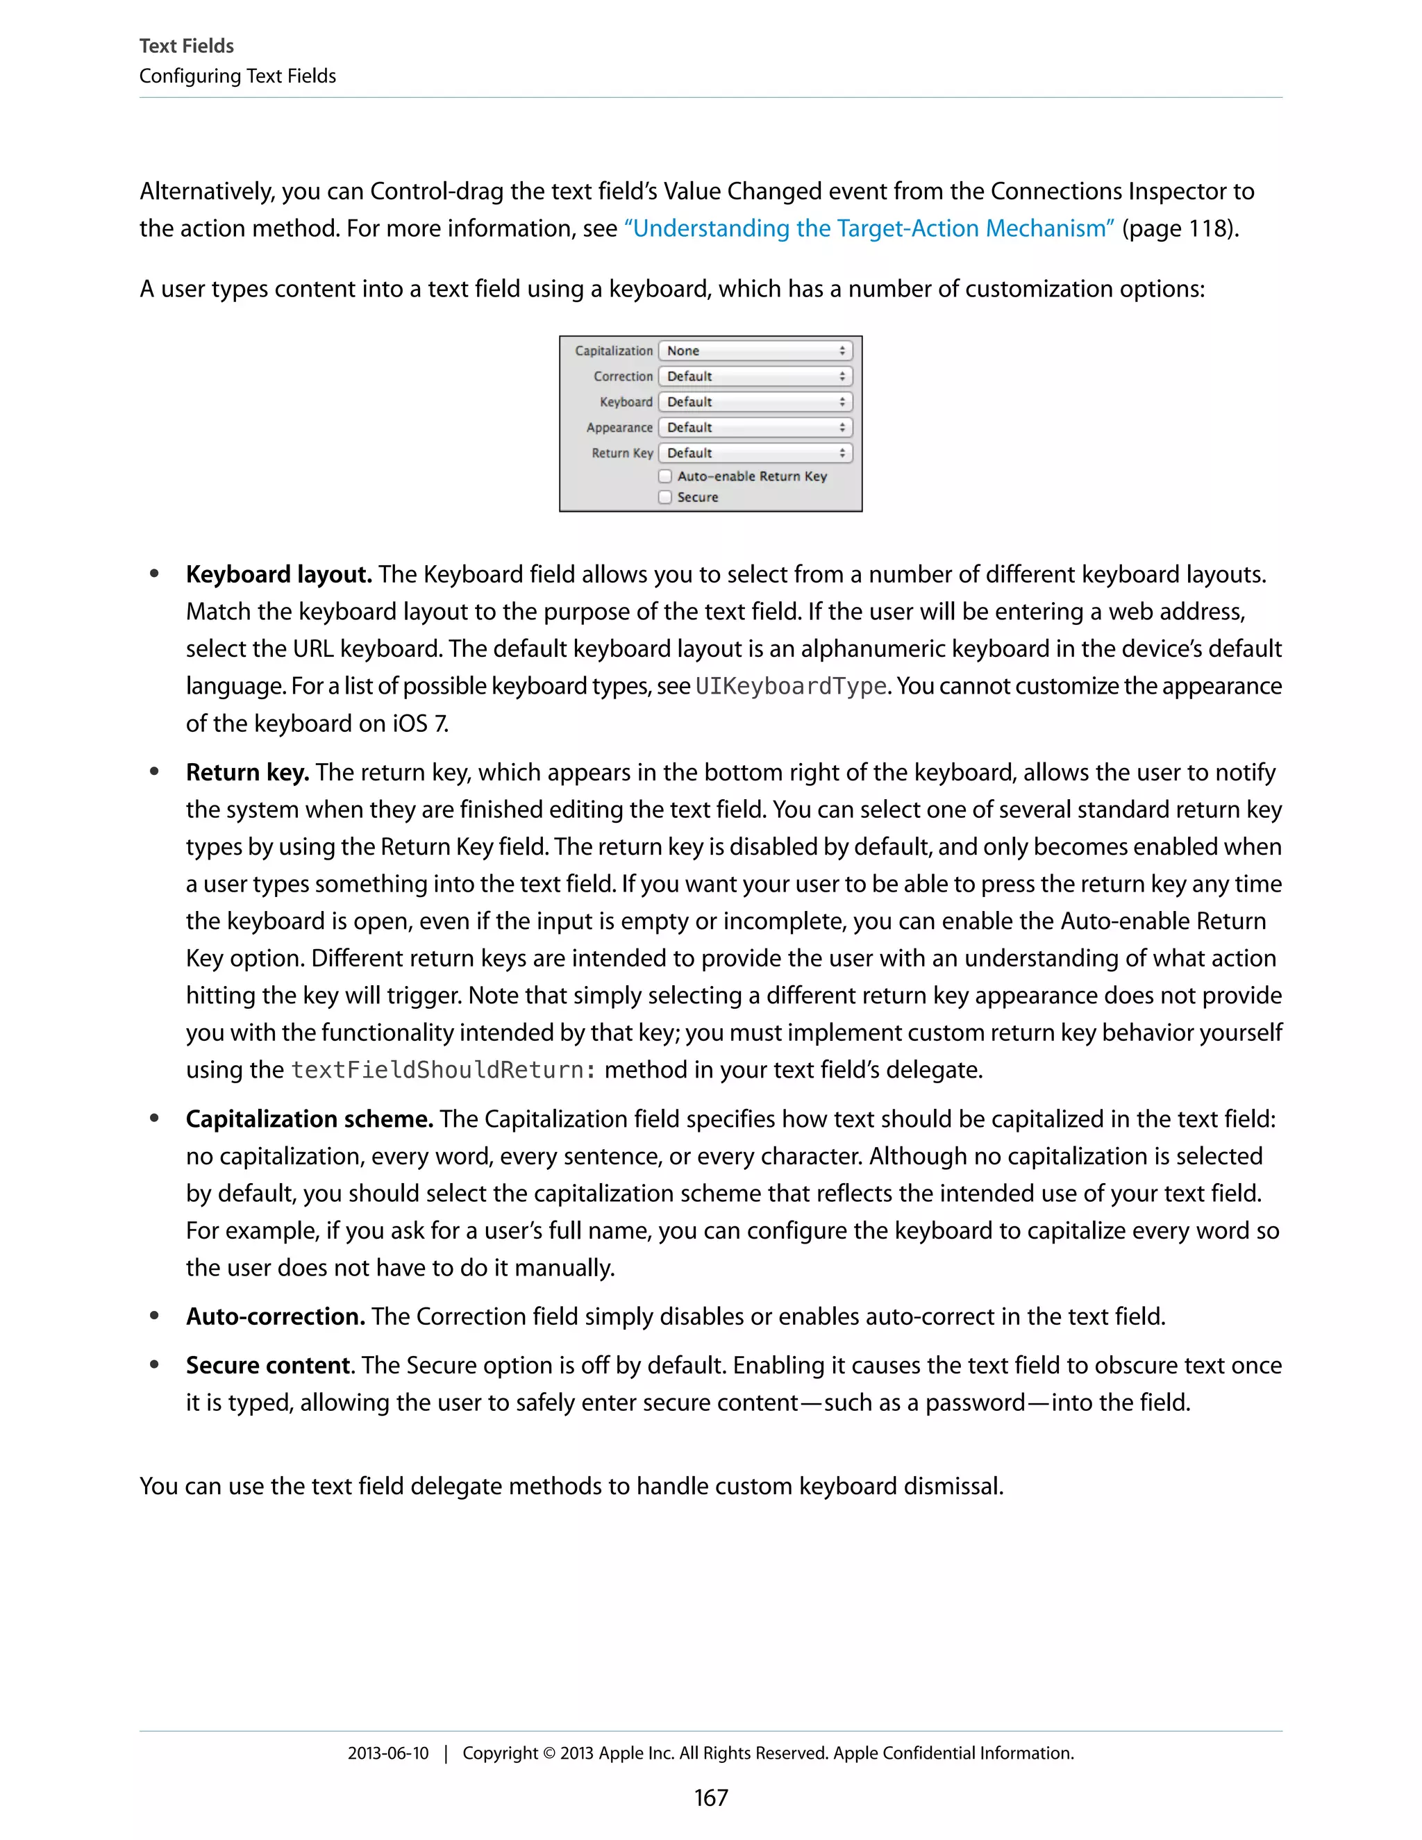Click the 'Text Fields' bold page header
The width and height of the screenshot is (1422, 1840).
[x=186, y=46]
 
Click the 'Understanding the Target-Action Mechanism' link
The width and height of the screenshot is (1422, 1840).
[x=869, y=228]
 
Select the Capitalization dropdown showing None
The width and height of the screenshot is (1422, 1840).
[x=755, y=351]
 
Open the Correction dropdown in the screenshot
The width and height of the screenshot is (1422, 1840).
[x=755, y=376]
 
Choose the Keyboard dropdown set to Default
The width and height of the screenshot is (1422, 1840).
[x=755, y=402]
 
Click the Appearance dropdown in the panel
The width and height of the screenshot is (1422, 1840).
[x=755, y=427]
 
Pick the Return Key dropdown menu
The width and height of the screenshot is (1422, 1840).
[x=755, y=453]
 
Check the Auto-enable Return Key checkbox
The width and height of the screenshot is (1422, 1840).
[x=665, y=476]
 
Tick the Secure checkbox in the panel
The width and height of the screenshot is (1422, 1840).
[x=665, y=497]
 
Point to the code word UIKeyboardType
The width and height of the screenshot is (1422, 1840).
[x=790, y=686]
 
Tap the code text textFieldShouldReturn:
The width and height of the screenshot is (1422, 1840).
[x=444, y=1070]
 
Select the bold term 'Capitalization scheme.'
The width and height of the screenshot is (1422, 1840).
[x=309, y=1119]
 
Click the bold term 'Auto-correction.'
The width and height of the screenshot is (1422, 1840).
[x=276, y=1316]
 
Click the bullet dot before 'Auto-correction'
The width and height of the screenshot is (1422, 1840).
[x=154, y=1316]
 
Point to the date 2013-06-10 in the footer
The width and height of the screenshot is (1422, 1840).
[x=387, y=1753]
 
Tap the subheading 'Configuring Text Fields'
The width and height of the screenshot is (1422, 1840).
[x=237, y=76]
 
